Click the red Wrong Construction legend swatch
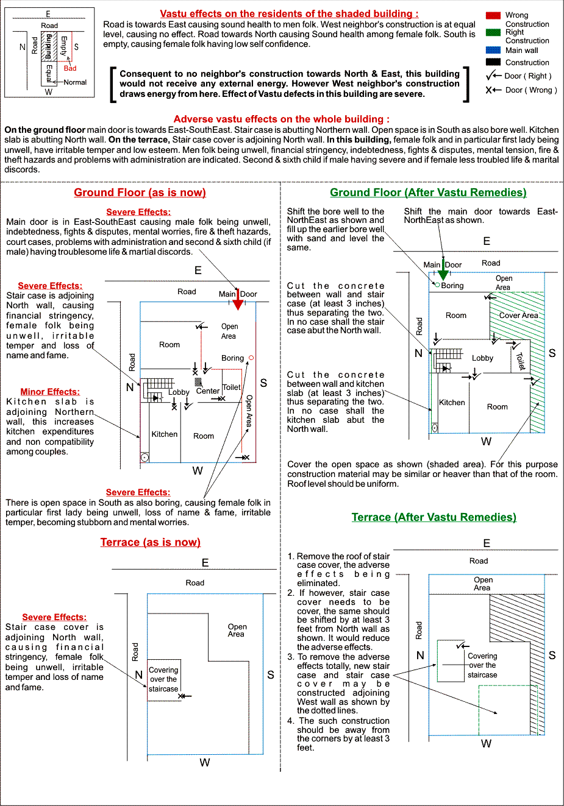coord(493,15)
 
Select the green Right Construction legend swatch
coord(493,32)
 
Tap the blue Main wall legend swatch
coord(493,50)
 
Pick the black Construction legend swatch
coord(493,62)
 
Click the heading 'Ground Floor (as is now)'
coord(140,193)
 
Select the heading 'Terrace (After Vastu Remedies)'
coord(434,517)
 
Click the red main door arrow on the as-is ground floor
coord(238,303)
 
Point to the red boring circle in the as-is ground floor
coord(251,358)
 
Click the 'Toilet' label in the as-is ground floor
coord(232,387)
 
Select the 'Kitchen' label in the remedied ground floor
coord(452,403)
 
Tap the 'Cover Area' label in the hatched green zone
coord(518,316)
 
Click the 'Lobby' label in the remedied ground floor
coord(482,358)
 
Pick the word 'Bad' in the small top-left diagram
coord(70,68)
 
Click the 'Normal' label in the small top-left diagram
coord(75,82)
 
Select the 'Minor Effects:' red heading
coord(50,392)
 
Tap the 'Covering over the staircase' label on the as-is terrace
coord(163,679)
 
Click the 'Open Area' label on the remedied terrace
coord(483,584)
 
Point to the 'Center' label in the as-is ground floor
coord(208,391)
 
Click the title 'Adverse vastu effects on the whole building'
coord(281,119)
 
